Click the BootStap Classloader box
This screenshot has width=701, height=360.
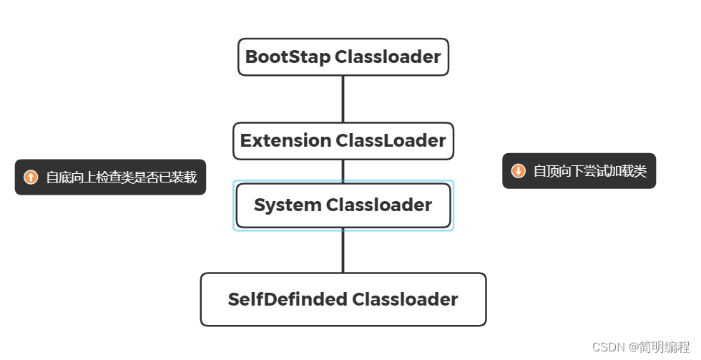pyautogui.click(x=343, y=57)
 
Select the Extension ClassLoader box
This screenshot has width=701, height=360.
pyautogui.click(x=343, y=141)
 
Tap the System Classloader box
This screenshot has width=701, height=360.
pyautogui.click(x=343, y=205)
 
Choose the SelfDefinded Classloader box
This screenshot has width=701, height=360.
pyautogui.click(x=343, y=299)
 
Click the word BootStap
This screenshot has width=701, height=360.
pyautogui.click(x=288, y=57)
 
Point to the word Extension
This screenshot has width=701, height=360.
pyautogui.click(x=285, y=141)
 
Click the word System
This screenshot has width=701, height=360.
pyautogui.click(x=288, y=205)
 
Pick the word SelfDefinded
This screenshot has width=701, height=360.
pyautogui.click(x=288, y=299)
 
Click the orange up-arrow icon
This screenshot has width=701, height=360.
pyautogui.click(x=31, y=177)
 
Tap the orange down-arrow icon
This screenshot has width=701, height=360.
pyautogui.click(x=518, y=171)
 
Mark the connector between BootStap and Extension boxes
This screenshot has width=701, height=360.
pyautogui.click(x=343, y=99)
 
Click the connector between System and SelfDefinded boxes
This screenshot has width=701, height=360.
pyautogui.click(x=343, y=250)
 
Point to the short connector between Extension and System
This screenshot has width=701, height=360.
pyautogui.click(x=343, y=171)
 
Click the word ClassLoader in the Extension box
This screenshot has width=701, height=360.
pyautogui.click(x=391, y=141)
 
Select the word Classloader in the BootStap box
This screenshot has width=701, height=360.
pyautogui.click(x=388, y=57)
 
